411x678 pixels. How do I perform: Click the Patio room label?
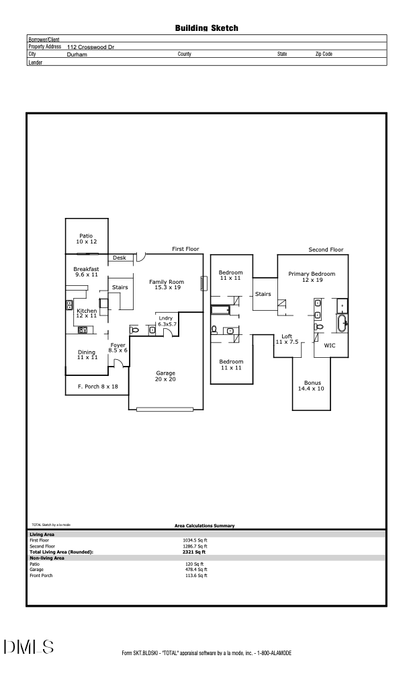(87, 239)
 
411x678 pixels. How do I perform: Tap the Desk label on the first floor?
(119, 258)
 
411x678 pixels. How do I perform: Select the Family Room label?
(167, 285)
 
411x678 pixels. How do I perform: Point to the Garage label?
(166, 376)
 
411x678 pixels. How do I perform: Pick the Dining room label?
(87, 354)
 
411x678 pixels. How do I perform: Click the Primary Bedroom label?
(312, 277)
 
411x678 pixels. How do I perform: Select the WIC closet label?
(330, 345)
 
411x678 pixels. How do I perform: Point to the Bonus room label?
(312, 385)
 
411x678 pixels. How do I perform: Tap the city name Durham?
(77, 54)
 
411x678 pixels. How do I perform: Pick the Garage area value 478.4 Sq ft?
(196, 570)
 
